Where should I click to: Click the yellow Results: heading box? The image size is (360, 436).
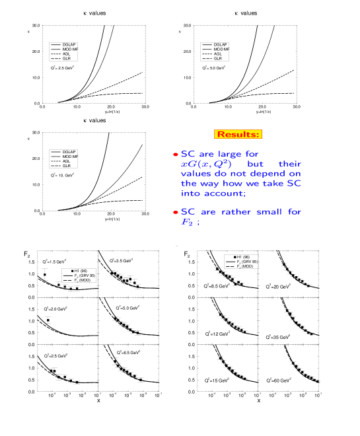(x=238, y=134)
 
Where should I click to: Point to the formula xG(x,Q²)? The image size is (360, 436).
(x=206, y=164)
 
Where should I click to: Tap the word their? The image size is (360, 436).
(x=289, y=164)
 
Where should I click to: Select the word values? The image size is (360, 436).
(x=196, y=174)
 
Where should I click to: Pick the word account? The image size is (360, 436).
(x=226, y=194)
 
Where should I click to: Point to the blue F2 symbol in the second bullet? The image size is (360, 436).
(x=188, y=223)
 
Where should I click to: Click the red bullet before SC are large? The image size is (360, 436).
(x=176, y=155)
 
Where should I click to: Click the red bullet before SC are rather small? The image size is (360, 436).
(x=176, y=213)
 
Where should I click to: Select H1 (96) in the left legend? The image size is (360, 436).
(x=80, y=271)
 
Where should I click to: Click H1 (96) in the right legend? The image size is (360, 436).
(x=242, y=257)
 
